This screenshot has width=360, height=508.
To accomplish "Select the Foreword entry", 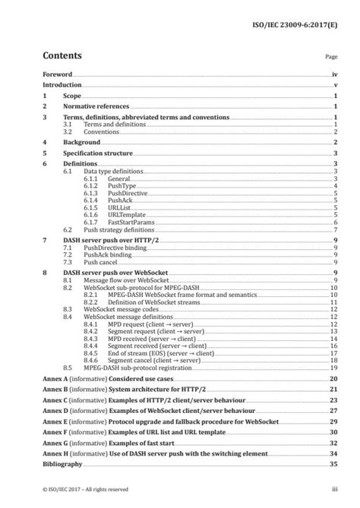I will (x=57, y=75).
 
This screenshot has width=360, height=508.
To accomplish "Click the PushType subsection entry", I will (x=99, y=185).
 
